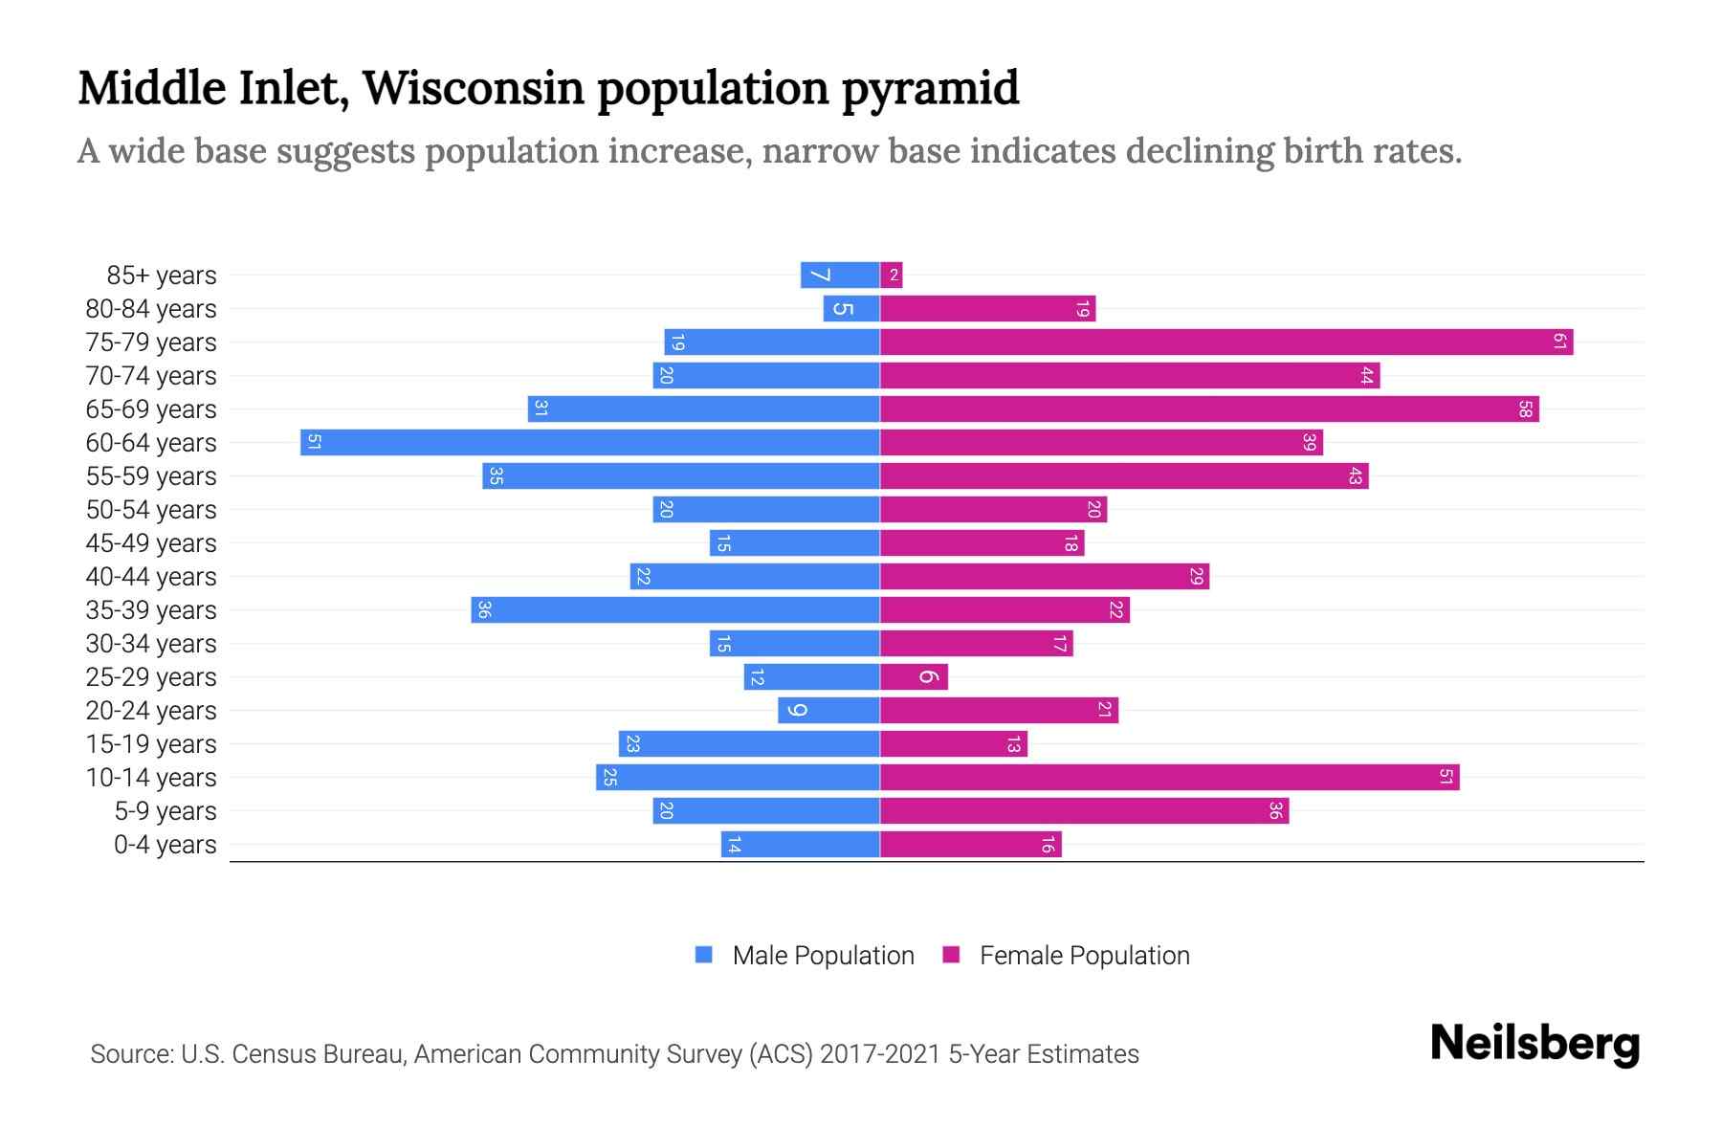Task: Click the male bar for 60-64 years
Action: tap(590, 442)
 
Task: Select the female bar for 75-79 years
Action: tap(1226, 342)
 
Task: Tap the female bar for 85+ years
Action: tap(892, 276)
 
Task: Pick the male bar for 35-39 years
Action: tap(675, 609)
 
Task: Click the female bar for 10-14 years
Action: tap(1169, 777)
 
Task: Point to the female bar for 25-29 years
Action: tap(914, 676)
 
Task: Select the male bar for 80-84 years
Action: tap(851, 308)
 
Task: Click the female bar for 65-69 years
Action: tap(1209, 408)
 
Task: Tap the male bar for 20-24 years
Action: tap(828, 710)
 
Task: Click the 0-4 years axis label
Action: tap(165, 845)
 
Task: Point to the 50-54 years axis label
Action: tap(151, 510)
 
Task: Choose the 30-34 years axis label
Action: tap(151, 644)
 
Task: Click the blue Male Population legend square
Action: tap(704, 955)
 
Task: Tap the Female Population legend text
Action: tap(1084, 956)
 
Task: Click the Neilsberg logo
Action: tap(1534, 1044)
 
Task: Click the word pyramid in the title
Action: tap(930, 88)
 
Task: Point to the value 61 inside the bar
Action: tap(1559, 342)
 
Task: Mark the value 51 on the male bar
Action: tap(314, 442)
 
